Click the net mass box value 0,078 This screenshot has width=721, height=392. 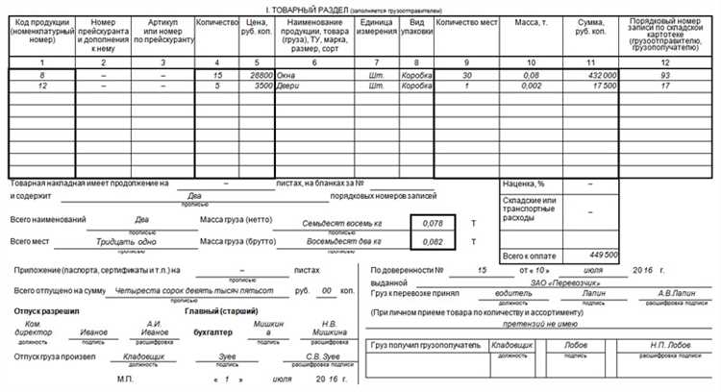click(434, 223)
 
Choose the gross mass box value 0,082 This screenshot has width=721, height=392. click(434, 242)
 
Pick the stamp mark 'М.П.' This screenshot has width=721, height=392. click(125, 378)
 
